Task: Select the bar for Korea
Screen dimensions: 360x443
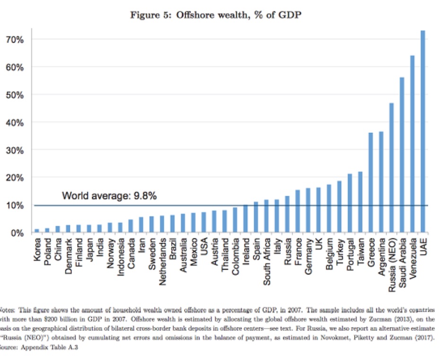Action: pyautogui.click(x=37, y=231)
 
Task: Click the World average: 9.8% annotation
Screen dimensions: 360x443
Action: pyautogui.click(x=109, y=195)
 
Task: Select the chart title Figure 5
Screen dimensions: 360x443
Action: pyautogui.click(x=216, y=15)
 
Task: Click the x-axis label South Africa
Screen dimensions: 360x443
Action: pyautogui.click(x=267, y=263)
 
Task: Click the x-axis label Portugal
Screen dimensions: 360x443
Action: pyautogui.click(x=350, y=257)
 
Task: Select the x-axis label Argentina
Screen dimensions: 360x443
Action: pyautogui.click(x=381, y=260)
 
